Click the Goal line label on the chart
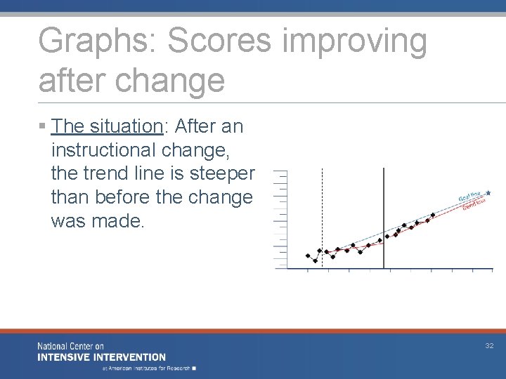coord(470,197)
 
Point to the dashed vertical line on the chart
coord(322,211)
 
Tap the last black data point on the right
coord(433,215)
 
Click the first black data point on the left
coord(308,255)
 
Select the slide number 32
coord(489,345)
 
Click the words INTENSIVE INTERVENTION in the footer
coord(102,357)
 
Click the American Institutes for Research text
coord(150,367)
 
